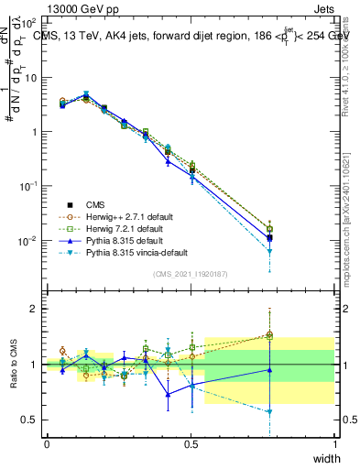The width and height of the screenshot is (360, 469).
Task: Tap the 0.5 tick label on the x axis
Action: point(191,444)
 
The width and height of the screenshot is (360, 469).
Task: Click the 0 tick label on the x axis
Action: point(47,444)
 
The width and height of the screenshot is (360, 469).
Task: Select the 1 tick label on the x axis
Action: point(334,444)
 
